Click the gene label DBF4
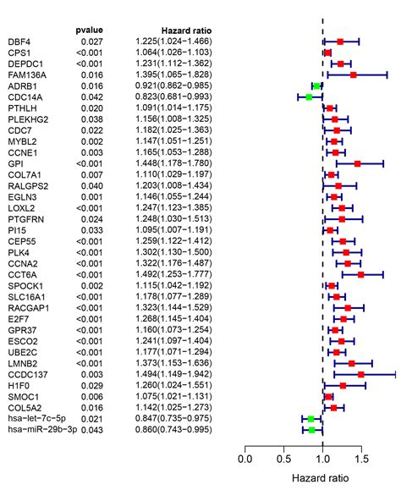tap(19, 41)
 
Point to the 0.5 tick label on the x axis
tap(283, 460)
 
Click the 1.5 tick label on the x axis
tap(361, 460)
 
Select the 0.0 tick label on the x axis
tap(245, 460)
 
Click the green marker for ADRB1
tap(316, 85)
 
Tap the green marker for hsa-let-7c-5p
tap(310, 419)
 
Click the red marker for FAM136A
tap(353, 74)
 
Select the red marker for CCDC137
tap(361, 374)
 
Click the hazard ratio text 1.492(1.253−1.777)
tap(174, 275)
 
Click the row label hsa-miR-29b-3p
tap(41, 430)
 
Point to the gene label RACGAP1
tap(28, 308)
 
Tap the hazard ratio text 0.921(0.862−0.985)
tap(174, 85)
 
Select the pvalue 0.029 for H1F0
tap(91, 386)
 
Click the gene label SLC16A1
tap(27, 297)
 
